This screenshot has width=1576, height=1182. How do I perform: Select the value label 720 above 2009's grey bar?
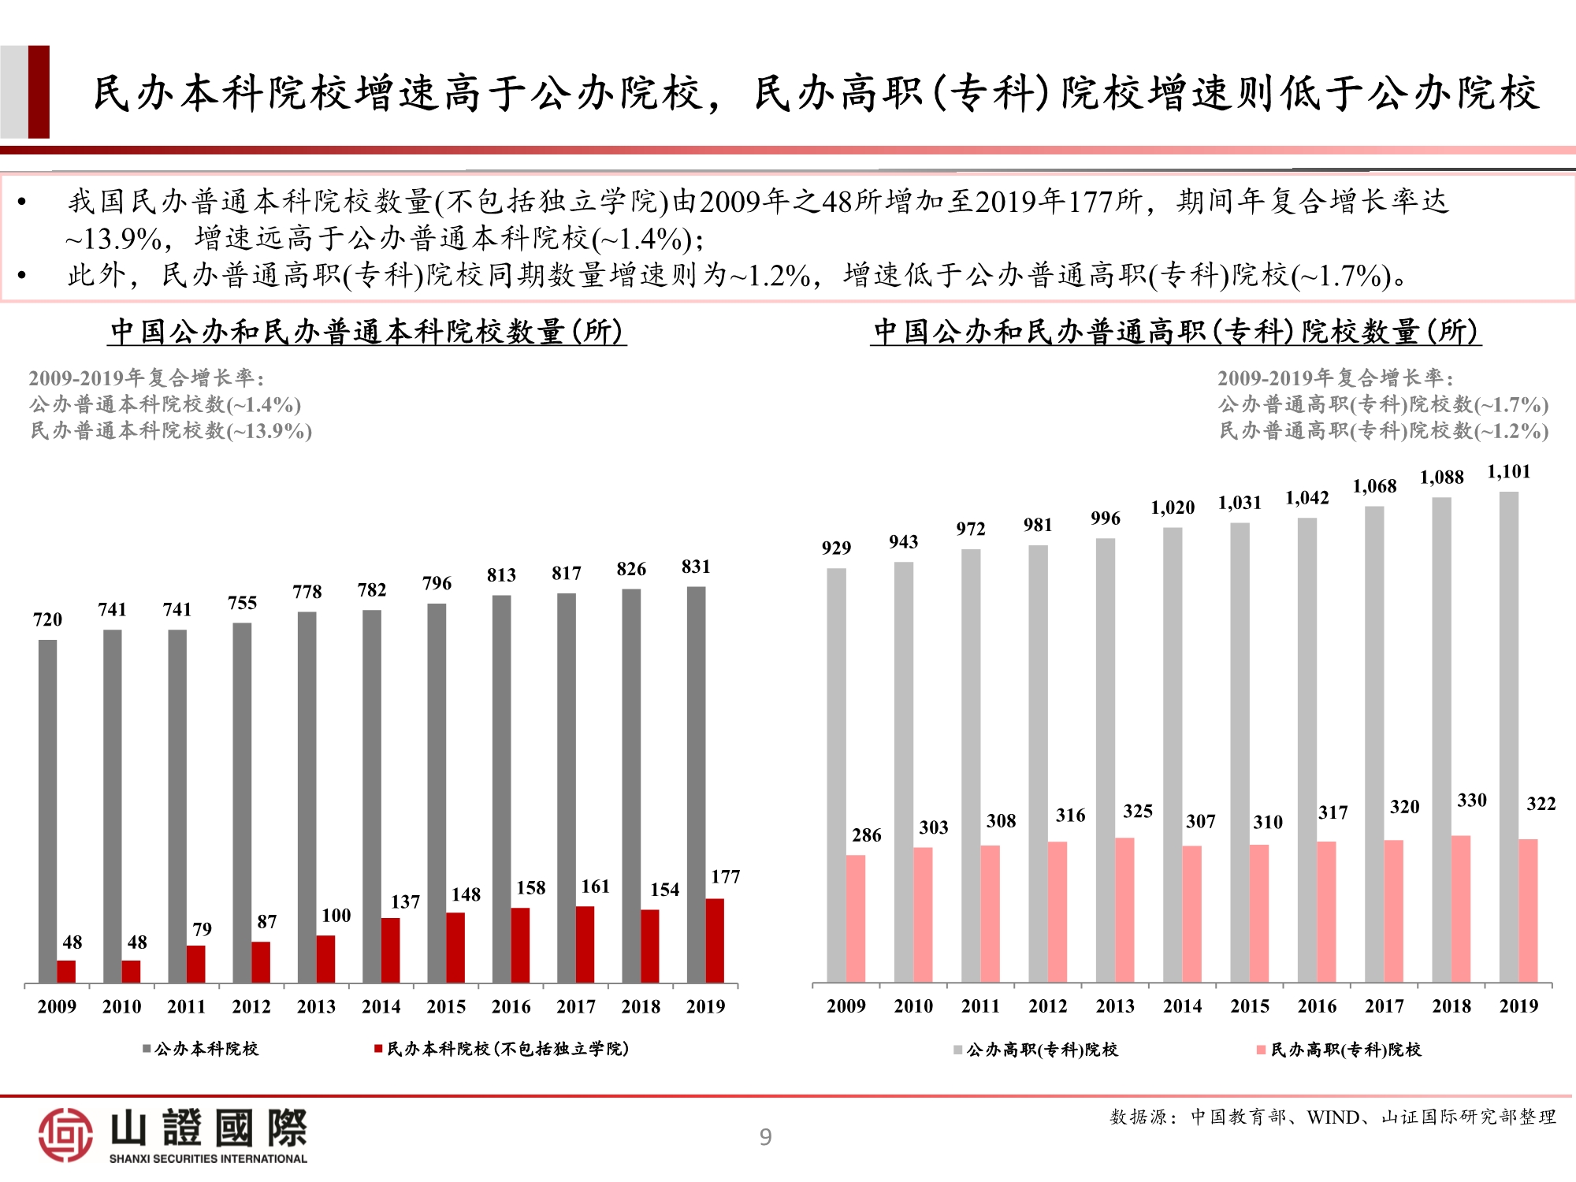coord(47,619)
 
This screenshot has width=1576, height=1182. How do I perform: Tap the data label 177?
coord(725,876)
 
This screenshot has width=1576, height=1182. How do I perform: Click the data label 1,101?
coord(1508,471)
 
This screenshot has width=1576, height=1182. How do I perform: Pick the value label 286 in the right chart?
coord(866,834)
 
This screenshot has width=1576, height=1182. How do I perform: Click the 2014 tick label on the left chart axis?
coord(381,1006)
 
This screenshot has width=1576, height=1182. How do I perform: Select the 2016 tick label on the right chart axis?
coord(1317,1006)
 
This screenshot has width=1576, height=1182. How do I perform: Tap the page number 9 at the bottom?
coord(765,1137)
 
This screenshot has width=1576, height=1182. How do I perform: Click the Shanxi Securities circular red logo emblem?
coord(65,1135)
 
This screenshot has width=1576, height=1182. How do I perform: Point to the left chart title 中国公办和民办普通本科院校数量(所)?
coord(366,332)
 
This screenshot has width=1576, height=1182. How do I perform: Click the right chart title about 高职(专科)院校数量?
coord(1175,332)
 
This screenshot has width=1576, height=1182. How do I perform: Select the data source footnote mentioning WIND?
coord(1333,1117)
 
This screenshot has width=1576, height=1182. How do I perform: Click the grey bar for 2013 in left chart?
coord(307,796)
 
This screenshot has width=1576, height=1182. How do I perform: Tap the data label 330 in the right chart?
coord(1471,800)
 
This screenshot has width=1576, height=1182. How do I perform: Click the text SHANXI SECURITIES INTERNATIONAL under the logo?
coord(208,1158)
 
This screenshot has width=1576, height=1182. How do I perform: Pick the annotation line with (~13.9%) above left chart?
coord(171,431)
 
